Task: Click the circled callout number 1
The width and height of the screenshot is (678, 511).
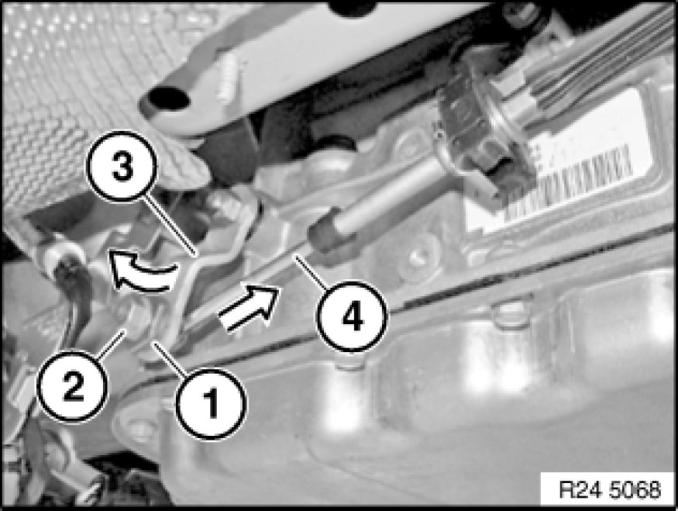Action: (211, 404)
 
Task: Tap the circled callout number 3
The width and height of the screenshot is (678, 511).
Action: (122, 167)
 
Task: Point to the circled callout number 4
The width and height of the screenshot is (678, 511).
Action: (353, 316)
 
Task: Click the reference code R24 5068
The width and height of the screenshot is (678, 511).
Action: (610, 490)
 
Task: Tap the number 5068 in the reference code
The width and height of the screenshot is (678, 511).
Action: (635, 490)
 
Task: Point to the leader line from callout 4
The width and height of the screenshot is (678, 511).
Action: (312, 271)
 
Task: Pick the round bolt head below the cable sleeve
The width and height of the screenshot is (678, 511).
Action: (418, 260)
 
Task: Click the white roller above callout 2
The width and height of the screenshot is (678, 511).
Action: (60, 256)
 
